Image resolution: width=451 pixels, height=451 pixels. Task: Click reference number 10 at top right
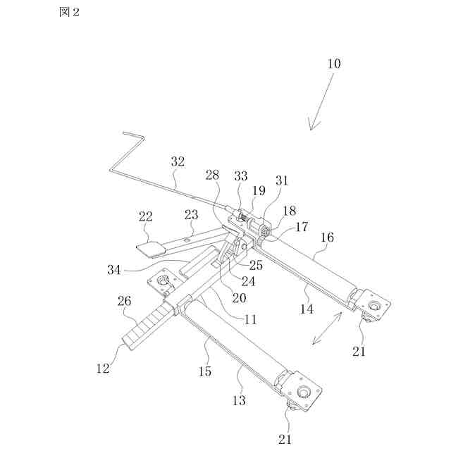(333, 63)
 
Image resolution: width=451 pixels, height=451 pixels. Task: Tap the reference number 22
(146, 217)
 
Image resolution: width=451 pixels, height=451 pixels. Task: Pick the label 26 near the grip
(124, 302)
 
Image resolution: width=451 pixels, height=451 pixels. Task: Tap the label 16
(328, 239)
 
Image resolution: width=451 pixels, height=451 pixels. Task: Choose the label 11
(249, 319)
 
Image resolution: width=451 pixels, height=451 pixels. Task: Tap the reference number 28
(212, 175)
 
